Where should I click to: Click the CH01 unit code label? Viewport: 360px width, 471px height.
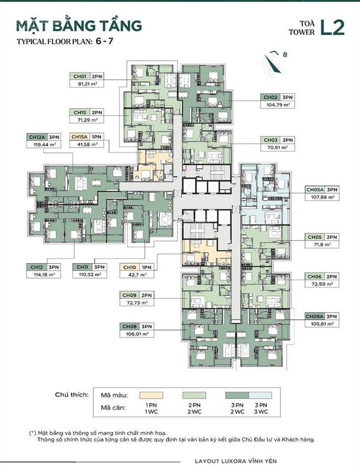coord(80,77)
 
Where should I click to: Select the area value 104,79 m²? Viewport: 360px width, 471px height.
coord(278,105)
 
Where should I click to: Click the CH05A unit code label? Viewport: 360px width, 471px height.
coord(314,189)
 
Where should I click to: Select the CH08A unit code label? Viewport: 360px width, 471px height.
coord(314,316)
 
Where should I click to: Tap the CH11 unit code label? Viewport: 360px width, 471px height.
coord(82,267)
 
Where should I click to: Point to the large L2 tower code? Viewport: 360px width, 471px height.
coord(332,27)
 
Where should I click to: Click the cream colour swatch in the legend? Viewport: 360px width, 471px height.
coord(152,395)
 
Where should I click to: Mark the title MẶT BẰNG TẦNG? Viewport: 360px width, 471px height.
coord(79,26)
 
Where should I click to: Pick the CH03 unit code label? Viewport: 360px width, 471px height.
coord(270,140)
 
